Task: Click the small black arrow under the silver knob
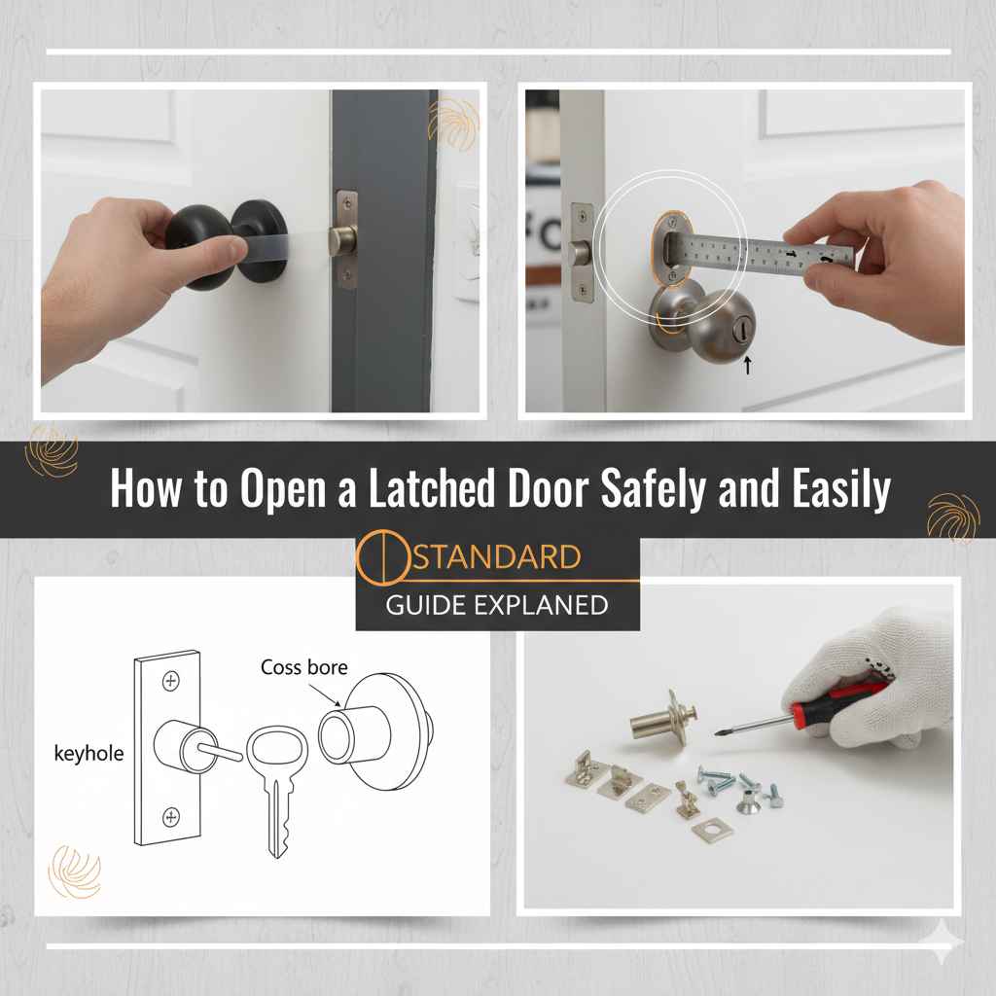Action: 746,367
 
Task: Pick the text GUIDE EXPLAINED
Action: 496,605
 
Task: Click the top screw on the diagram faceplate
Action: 172,682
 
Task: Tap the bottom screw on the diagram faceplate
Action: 172,815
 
